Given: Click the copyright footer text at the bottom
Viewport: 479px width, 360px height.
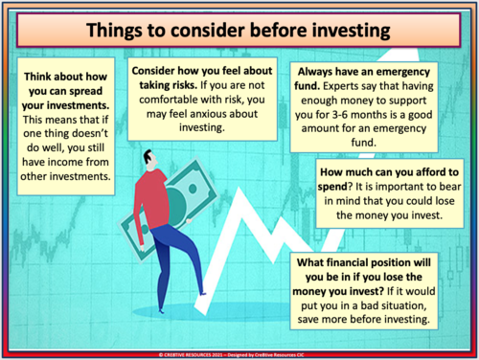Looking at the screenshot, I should click(x=239, y=353).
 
